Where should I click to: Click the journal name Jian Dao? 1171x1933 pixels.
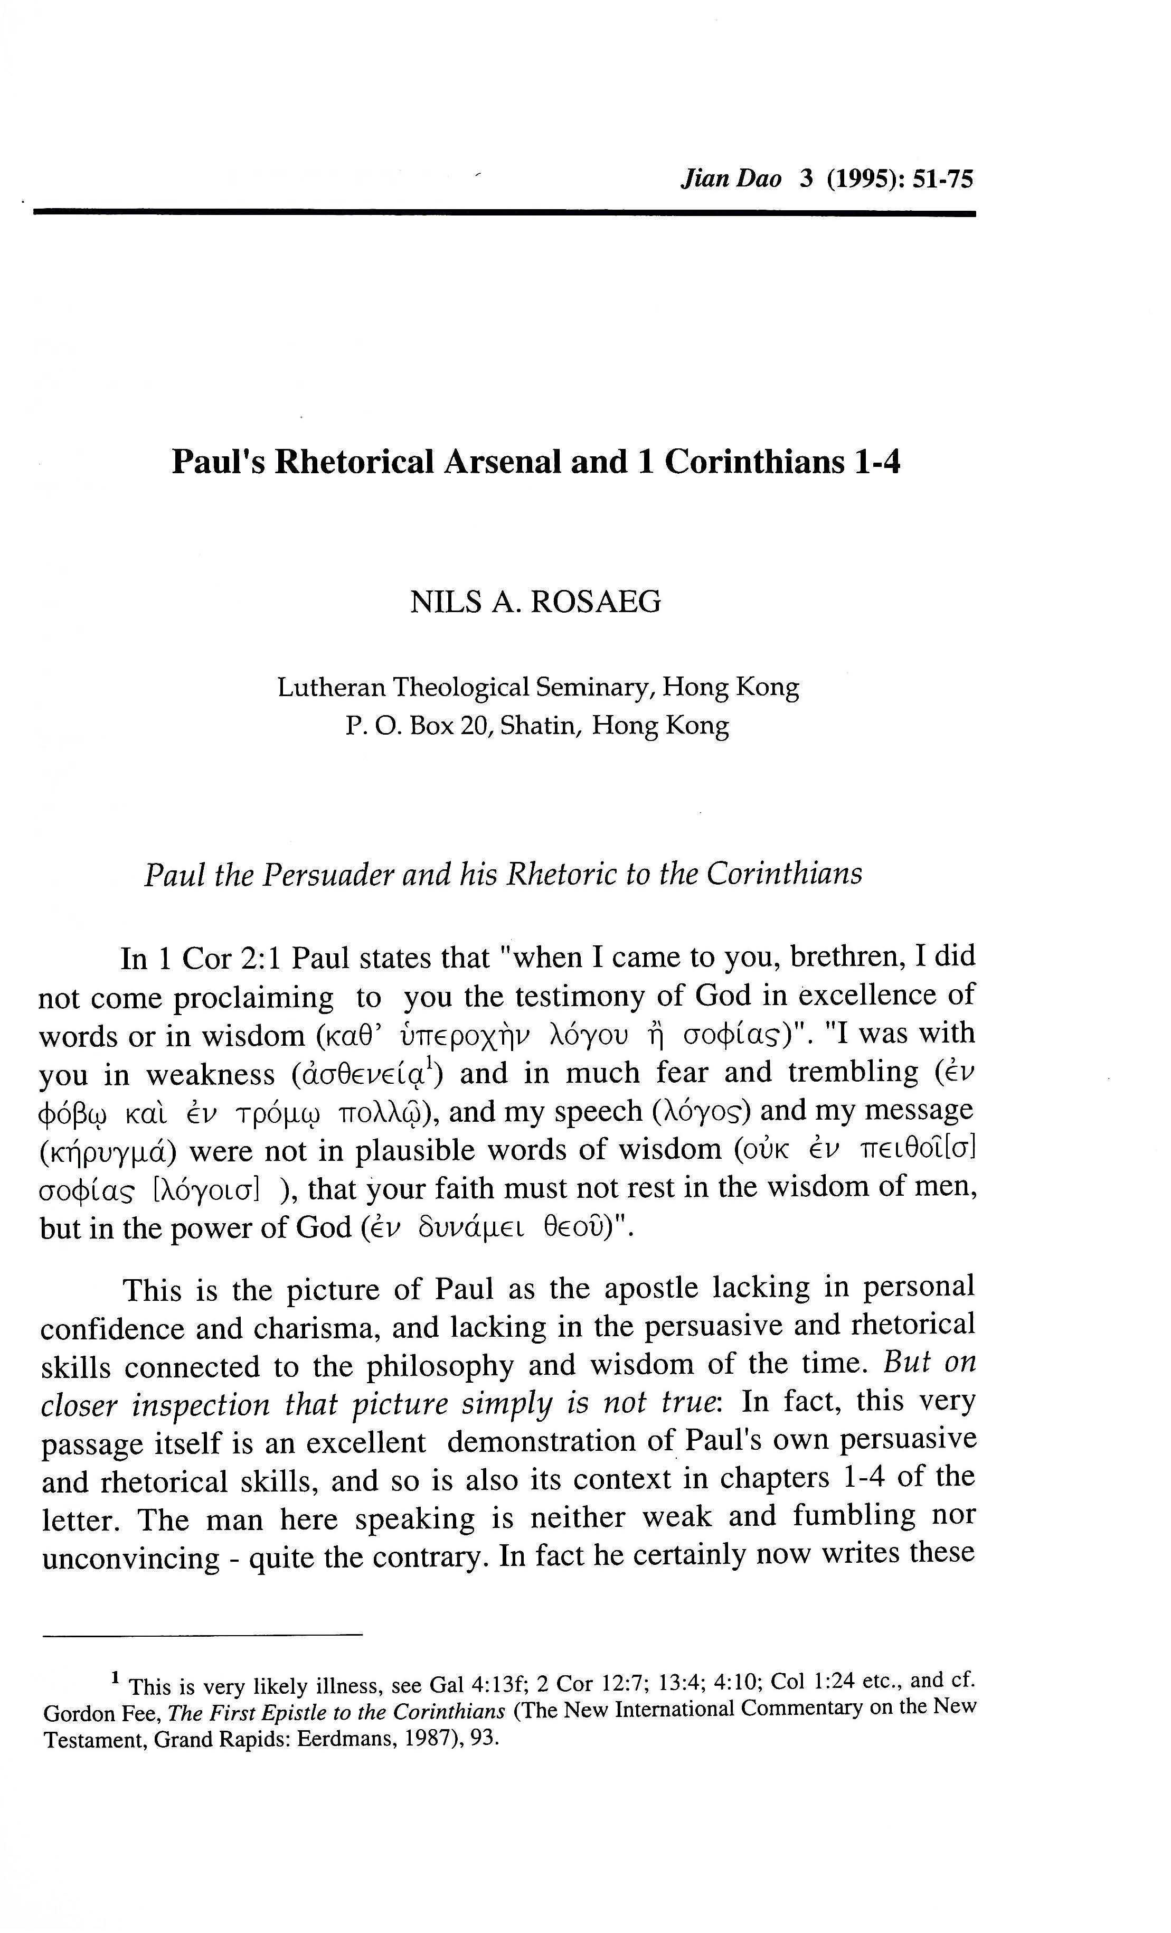[x=731, y=180]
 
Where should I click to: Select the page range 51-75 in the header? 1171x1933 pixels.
[x=943, y=180]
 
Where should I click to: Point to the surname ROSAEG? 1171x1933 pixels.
[x=596, y=602]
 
